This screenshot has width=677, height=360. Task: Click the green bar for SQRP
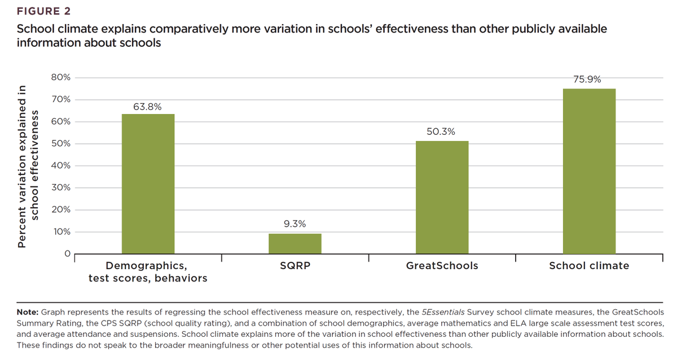(x=294, y=243)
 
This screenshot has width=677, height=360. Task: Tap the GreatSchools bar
(x=442, y=197)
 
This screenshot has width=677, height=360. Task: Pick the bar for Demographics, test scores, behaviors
(x=148, y=183)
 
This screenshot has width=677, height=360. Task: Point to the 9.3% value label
(x=294, y=224)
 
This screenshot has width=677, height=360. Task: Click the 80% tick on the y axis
(x=60, y=78)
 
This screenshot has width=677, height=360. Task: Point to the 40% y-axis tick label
(x=60, y=166)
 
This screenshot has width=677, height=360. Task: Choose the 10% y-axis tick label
(x=60, y=232)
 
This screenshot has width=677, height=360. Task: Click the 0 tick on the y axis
(x=66, y=254)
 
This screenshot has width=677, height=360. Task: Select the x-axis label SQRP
(x=294, y=266)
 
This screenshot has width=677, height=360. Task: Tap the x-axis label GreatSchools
(x=442, y=266)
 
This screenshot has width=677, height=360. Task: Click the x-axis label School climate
(x=589, y=266)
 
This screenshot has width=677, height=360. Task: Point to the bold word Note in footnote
(x=27, y=312)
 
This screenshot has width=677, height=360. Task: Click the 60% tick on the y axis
(x=60, y=122)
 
